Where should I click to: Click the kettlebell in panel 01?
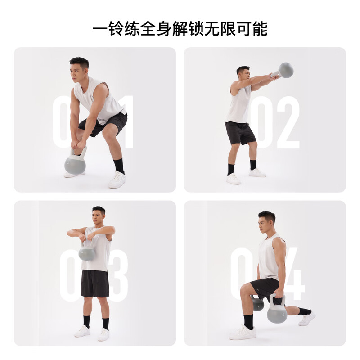coord(75,164)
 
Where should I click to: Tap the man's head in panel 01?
coord(80,68)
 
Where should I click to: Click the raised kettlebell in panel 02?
coord(285,70)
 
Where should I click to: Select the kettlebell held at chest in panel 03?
coord(87,253)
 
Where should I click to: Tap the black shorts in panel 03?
coord(95,283)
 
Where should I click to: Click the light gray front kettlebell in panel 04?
coord(277,313)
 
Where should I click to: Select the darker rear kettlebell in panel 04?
coord(258,304)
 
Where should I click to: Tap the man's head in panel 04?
coord(267,222)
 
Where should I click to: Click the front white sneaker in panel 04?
coord(243,333)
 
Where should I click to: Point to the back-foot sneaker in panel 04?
coord(306,319)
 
